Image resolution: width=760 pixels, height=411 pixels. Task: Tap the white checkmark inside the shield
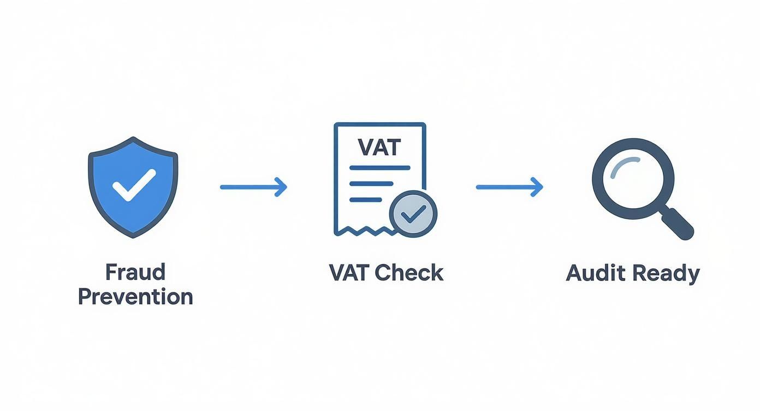pos(134,185)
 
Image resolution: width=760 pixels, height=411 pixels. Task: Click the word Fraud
pos(135,272)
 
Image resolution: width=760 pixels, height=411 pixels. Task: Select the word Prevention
pos(135,297)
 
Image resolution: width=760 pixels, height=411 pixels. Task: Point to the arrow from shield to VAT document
pos(253,187)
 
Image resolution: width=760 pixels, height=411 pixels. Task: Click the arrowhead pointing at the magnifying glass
pos(538,187)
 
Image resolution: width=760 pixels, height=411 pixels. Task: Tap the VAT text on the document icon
pos(379,147)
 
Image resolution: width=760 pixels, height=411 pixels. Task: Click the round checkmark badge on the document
pos(413,214)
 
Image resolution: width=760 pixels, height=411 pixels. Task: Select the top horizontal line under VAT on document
pos(379,167)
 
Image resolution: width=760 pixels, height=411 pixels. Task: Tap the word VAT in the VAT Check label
pos(350,272)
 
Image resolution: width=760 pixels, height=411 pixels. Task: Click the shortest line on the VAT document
pos(367,200)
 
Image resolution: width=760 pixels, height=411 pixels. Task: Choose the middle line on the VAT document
pos(371,184)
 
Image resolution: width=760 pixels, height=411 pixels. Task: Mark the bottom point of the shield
pos(133,236)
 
